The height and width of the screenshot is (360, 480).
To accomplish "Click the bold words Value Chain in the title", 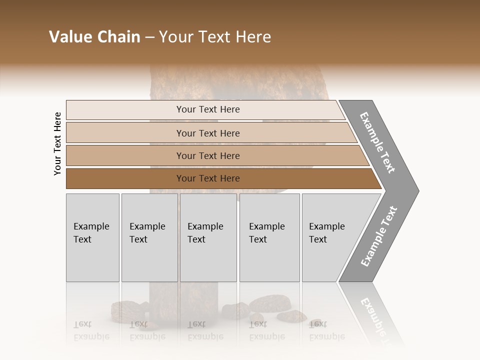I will pyautogui.click(x=94, y=37).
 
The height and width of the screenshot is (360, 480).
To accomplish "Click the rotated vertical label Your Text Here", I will pyautogui.click(x=57, y=143).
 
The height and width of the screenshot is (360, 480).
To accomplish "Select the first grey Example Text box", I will pyautogui.click(x=92, y=237).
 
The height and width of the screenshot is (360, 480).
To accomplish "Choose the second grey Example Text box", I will pyautogui.click(x=149, y=237).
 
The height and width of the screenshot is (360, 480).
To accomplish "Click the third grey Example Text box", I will pyautogui.click(x=207, y=237).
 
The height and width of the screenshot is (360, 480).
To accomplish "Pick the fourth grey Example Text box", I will pyautogui.click(x=269, y=237).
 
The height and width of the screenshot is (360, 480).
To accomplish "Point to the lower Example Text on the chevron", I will pyautogui.click(x=379, y=236).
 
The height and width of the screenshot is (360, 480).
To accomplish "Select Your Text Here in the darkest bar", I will pyautogui.click(x=208, y=178).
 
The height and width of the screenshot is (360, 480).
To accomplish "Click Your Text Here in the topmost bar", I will pyautogui.click(x=208, y=109).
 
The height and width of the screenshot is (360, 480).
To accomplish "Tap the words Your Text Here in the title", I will pyautogui.click(x=215, y=37).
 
